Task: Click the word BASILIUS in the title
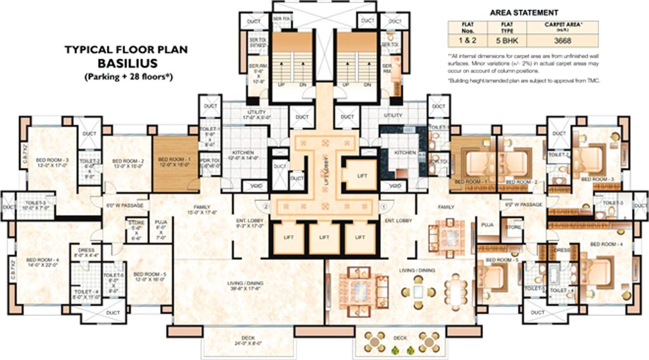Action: point(126,63)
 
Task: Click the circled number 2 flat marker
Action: point(266,206)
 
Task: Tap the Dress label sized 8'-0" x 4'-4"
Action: point(85,253)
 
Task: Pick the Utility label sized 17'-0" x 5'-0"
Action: point(253,115)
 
